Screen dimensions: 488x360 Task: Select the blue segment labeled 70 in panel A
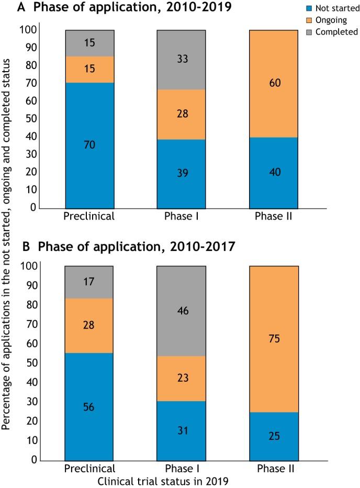pos(89,145)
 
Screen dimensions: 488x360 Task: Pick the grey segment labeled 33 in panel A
pos(181,60)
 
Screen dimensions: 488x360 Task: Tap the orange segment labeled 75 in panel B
pos(274,339)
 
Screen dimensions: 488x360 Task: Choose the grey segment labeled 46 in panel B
pos(181,311)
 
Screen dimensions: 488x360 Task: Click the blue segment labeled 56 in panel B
pos(89,406)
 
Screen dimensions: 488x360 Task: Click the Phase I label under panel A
pos(181,216)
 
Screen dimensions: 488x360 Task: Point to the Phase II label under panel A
pos(274,216)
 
